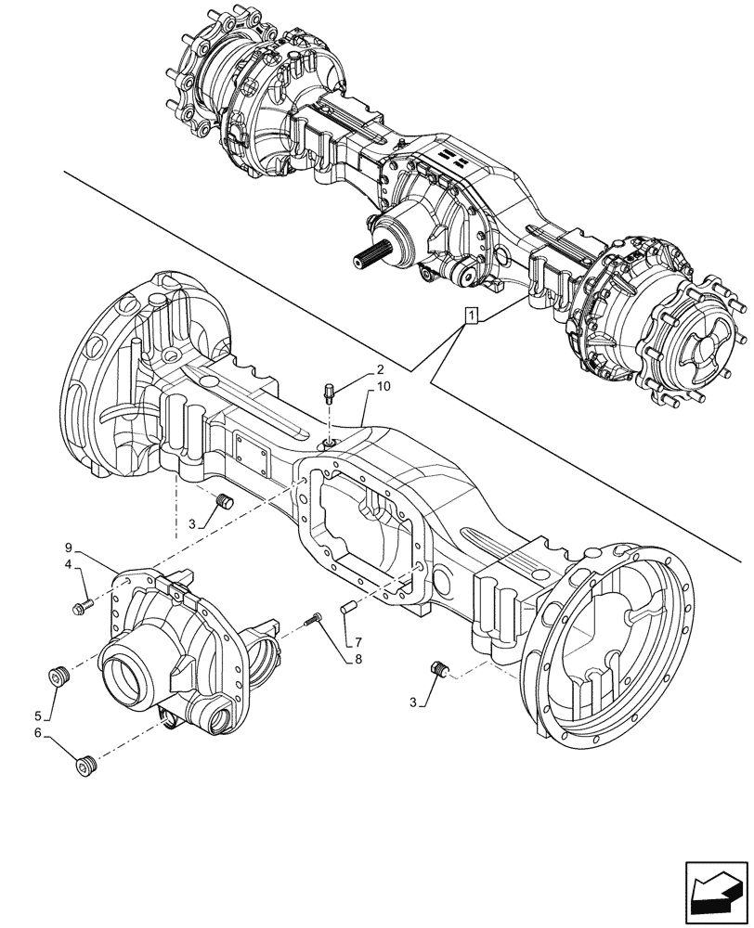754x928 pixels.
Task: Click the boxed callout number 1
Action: tap(474, 316)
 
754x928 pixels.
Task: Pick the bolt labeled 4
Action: tap(81, 608)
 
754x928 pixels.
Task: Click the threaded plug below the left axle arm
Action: tap(224, 502)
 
